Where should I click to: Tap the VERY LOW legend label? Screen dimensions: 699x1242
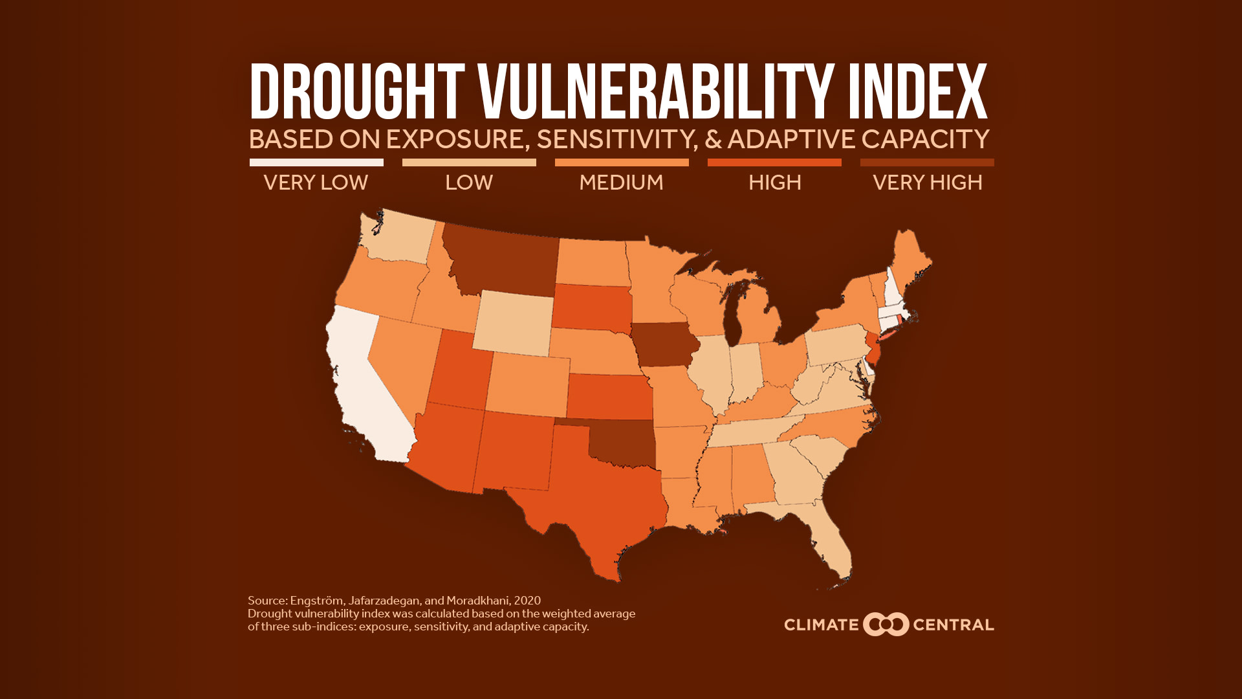316,183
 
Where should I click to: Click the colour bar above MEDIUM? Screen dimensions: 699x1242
622,162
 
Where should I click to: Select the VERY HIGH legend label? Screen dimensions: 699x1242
927,183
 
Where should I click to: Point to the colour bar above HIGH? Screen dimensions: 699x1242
774,162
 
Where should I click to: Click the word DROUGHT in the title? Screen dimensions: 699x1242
357,92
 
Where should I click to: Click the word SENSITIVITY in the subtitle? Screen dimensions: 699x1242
617,139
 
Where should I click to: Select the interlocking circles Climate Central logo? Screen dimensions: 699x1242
886,625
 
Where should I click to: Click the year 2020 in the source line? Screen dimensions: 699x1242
527,601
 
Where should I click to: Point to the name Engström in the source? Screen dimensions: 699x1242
316,601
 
